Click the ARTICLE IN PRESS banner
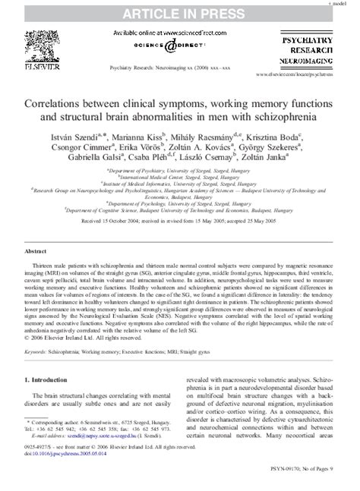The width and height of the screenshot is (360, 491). tap(179, 12)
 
